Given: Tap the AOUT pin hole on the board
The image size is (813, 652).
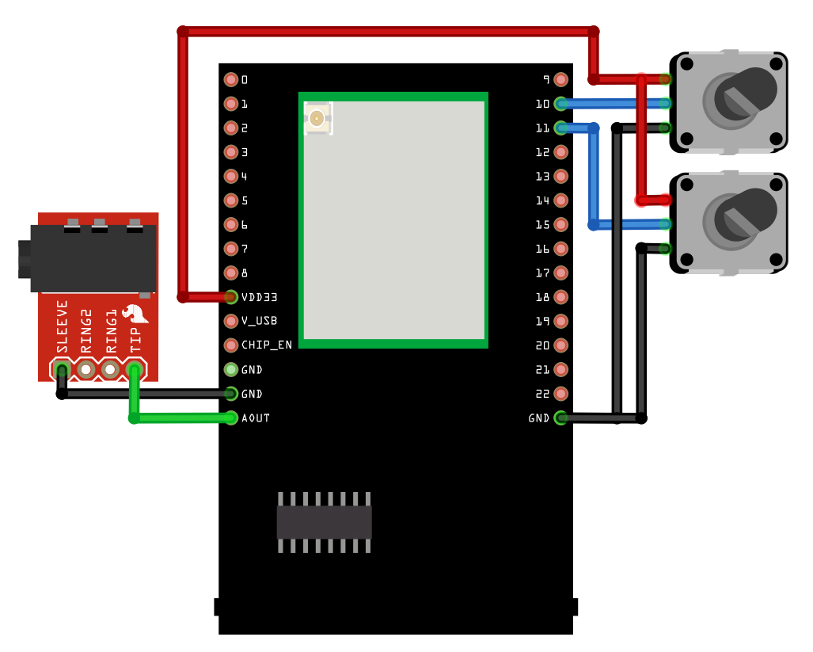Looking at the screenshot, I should tap(231, 418).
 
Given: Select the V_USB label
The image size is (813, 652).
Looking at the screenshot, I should tap(259, 321).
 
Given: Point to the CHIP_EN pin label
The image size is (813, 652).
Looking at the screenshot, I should tap(266, 345).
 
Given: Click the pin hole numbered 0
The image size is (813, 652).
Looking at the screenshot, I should tap(231, 79).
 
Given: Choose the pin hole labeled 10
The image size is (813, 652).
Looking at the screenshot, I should tap(561, 103).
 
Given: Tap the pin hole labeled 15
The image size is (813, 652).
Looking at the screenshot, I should tap(561, 224).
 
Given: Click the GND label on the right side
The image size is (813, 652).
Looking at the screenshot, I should tap(539, 418).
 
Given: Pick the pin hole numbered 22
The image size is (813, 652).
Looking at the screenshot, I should tap(561, 394).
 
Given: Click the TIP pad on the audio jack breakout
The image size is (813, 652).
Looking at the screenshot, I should tap(135, 369).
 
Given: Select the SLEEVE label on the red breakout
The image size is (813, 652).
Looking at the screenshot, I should tap(62, 326).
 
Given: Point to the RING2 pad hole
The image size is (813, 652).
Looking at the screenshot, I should tap(85, 369).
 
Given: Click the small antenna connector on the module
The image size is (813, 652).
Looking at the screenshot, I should tap(317, 119).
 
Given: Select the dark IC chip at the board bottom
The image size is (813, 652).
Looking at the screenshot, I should tap(324, 522).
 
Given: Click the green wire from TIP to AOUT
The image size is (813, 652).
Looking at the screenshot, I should tap(182, 418).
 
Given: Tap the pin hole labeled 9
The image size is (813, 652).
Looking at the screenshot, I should tap(561, 79).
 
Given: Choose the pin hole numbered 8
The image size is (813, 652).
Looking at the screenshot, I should tap(231, 273).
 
